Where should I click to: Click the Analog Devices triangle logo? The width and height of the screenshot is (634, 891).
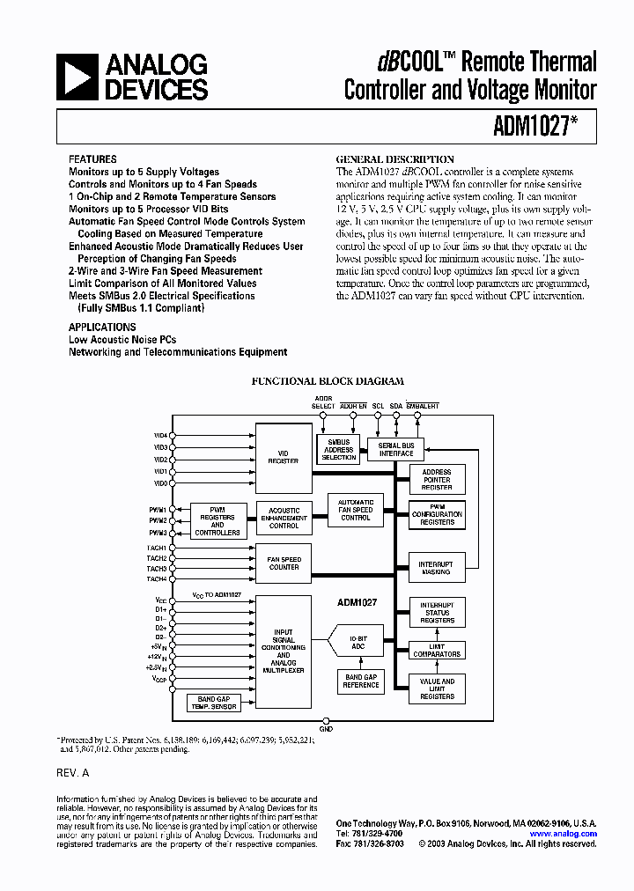point(77,77)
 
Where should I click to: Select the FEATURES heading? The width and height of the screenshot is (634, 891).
point(92,159)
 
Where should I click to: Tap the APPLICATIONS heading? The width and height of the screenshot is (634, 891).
point(102,327)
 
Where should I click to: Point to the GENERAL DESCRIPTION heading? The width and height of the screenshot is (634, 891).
point(395,159)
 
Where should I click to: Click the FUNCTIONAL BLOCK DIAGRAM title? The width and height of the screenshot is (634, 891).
point(328,381)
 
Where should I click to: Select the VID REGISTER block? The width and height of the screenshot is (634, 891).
point(283,458)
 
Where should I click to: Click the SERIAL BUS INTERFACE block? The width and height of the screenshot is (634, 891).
point(395,450)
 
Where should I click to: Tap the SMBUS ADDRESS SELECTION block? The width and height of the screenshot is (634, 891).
point(338,450)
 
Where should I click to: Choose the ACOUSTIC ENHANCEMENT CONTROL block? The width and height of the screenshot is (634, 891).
point(284,518)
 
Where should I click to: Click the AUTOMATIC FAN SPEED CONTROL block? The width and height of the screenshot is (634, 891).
point(355,510)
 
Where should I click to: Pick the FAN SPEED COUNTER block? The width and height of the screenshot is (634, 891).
point(284,563)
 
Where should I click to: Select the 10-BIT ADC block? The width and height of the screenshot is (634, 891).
point(358,644)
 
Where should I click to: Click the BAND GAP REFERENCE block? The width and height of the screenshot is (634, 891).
point(360,681)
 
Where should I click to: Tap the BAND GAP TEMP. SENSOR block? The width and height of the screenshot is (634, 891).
point(213,703)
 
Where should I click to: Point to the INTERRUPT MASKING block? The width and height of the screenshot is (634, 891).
point(436,568)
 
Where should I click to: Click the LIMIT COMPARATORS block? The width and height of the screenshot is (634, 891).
point(437,651)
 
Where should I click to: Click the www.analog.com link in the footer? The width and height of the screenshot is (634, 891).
point(564,834)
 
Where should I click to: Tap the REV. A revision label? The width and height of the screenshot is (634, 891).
point(73,772)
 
